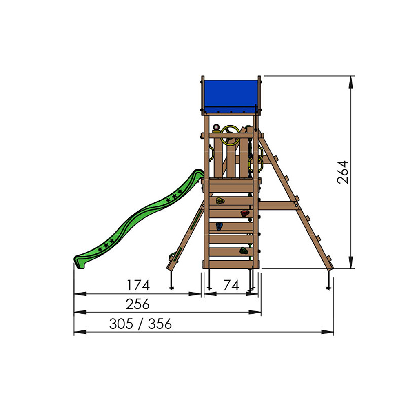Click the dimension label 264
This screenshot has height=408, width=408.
pyautogui.click(x=342, y=172)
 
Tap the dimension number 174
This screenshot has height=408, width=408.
pyautogui.click(x=138, y=286)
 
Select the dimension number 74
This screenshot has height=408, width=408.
pyautogui.click(x=231, y=286)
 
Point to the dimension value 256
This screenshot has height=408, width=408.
pyautogui.click(x=137, y=304)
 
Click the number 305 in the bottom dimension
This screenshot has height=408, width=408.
pyautogui.click(x=121, y=324)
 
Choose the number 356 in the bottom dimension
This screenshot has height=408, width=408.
pyautogui.click(x=160, y=324)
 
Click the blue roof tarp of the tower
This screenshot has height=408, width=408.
pyautogui.click(x=231, y=97)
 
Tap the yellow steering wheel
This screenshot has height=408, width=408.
pyautogui.click(x=230, y=135)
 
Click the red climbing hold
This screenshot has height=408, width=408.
pyautogui.click(x=244, y=213)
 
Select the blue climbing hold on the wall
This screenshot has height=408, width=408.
pyautogui.click(x=219, y=226)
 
